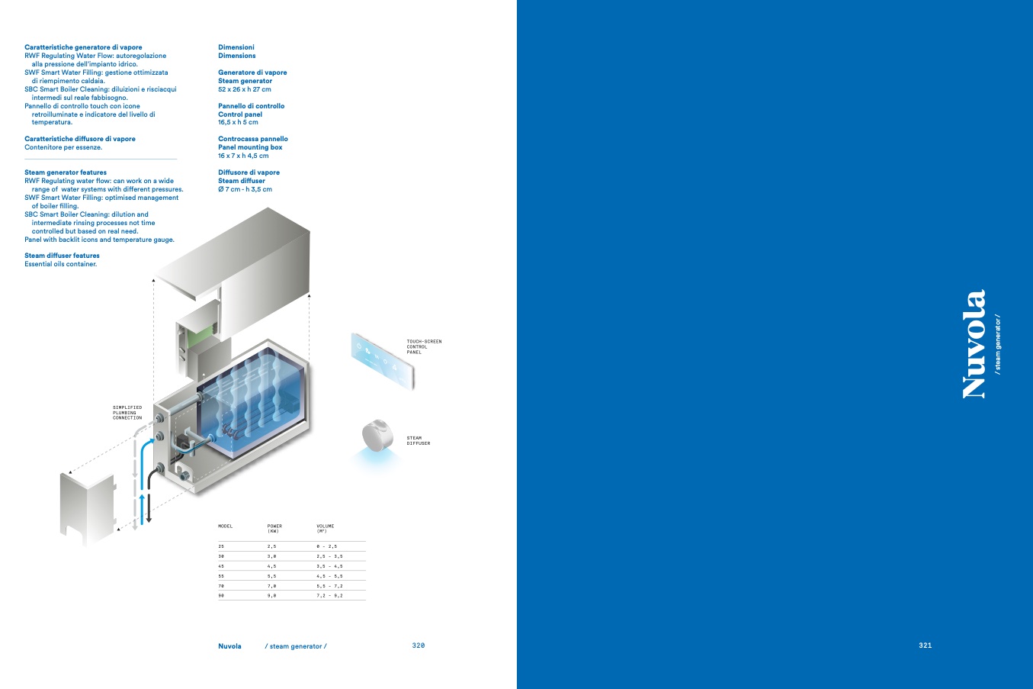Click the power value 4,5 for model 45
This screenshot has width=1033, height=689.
(271, 566)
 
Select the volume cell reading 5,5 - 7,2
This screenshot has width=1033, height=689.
(329, 586)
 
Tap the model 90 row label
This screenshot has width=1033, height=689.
(221, 596)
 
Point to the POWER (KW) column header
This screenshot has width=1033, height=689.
(274, 529)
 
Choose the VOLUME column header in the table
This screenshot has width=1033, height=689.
(325, 529)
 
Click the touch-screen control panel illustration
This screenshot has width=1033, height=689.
(382, 361)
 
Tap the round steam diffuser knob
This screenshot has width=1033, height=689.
(377, 435)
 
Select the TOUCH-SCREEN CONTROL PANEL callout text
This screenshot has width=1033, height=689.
(424, 346)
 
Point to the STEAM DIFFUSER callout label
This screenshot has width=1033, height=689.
(419, 441)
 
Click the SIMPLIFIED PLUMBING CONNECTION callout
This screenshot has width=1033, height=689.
(127, 413)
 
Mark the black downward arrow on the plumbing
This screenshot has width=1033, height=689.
(149, 498)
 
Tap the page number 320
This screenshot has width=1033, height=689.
(419, 646)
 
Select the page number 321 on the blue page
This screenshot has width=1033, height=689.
(925, 646)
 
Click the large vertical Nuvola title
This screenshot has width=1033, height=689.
(974, 344)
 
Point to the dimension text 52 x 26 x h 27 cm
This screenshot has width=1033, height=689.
(245, 89)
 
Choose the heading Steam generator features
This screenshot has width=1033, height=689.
(66, 172)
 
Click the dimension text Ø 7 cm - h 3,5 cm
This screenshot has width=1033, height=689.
(245, 189)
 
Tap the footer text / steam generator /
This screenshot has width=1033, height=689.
(296, 646)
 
